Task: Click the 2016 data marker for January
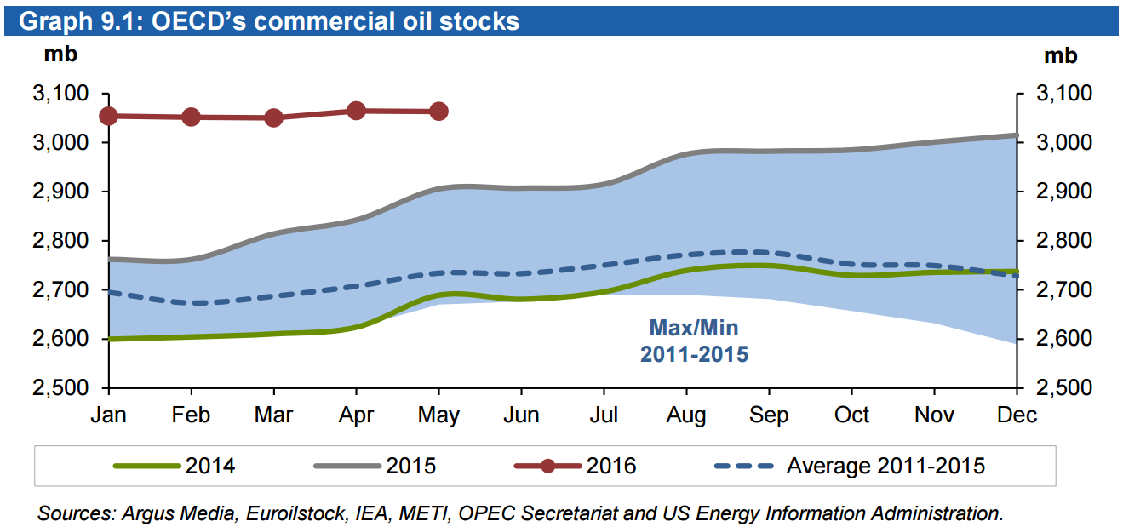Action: coord(108,116)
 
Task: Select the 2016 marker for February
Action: coord(191,117)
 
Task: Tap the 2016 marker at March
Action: coord(273,117)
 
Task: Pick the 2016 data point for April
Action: coord(356,111)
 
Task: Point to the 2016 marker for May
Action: coord(438,112)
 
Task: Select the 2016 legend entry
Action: coord(575,466)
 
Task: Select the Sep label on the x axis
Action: coord(769,415)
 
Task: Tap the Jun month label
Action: coord(521,415)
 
